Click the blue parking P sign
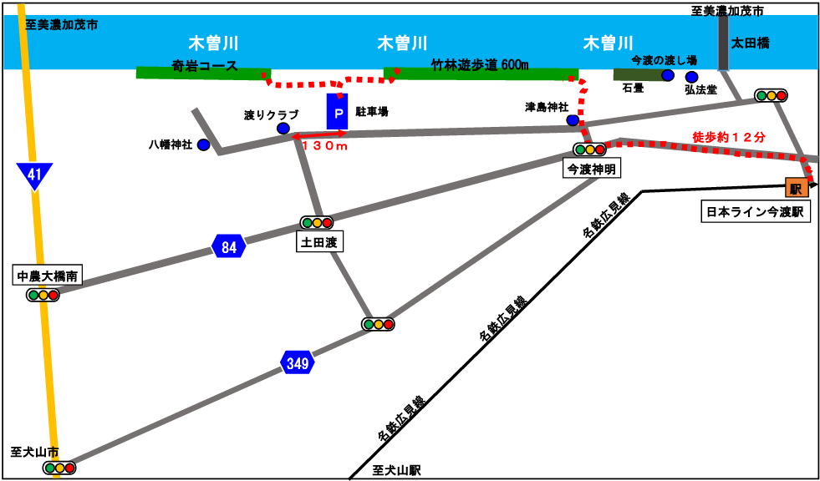coord(338,111)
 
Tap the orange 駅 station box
coord(797,188)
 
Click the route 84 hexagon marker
coord(229,246)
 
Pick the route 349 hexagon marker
coord(298,362)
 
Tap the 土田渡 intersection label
coord(320,243)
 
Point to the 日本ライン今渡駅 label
coord(754,213)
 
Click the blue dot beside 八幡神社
coord(203,144)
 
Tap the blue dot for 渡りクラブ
coord(283,129)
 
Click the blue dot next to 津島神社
coord(573,120)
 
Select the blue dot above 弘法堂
coord(692,78)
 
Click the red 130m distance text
coord(325,147)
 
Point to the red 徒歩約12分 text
coord(729,137)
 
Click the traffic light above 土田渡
coord(317,222)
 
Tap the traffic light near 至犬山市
coord(59,468)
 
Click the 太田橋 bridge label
coord(750,44)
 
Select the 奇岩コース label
coord(205,66)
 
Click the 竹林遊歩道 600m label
coord(480,64)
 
